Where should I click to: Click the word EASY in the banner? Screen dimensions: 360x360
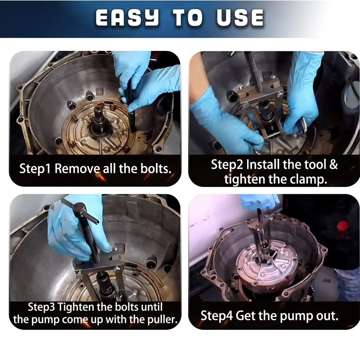(x=127, y=18)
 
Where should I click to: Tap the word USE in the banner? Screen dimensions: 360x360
(x=240, y=18)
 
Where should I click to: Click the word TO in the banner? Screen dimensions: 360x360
(x=188, y=18)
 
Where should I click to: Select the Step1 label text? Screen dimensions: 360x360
(x=35, y=169)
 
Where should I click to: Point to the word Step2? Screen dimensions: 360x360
(x=227, y=165)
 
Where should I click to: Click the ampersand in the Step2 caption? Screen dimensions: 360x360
(x=333, y=164)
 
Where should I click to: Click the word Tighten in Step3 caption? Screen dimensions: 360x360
(x=76, y=307)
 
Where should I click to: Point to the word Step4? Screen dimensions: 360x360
(x=217, y=316)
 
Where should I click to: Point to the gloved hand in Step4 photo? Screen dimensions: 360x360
(x=260, y=202)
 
